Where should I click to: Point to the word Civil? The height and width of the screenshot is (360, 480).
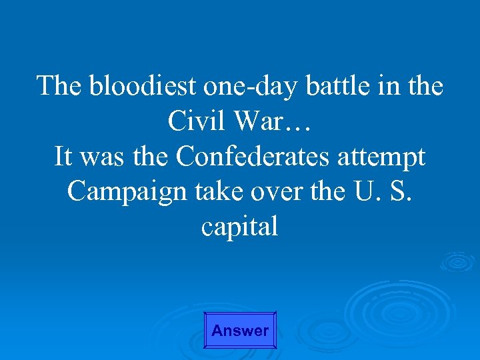193,122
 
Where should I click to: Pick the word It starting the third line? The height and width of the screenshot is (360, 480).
63,157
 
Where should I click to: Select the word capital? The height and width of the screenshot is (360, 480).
239,228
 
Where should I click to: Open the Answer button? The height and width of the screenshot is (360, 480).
239,330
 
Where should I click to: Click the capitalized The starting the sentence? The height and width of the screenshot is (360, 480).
61,87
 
